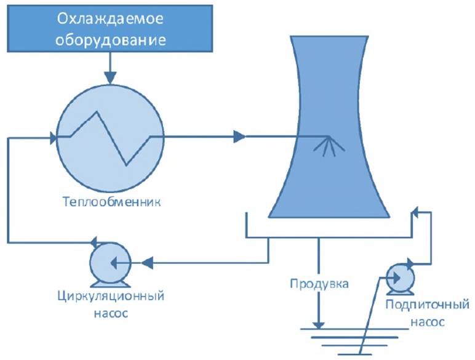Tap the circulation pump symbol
coord(108,263)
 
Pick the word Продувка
coord(318,285)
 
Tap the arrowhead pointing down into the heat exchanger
coord(110,78)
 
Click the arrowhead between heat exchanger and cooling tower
coord(239,136)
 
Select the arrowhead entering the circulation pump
coord(147,263)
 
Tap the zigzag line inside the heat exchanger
coord(111,137)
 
